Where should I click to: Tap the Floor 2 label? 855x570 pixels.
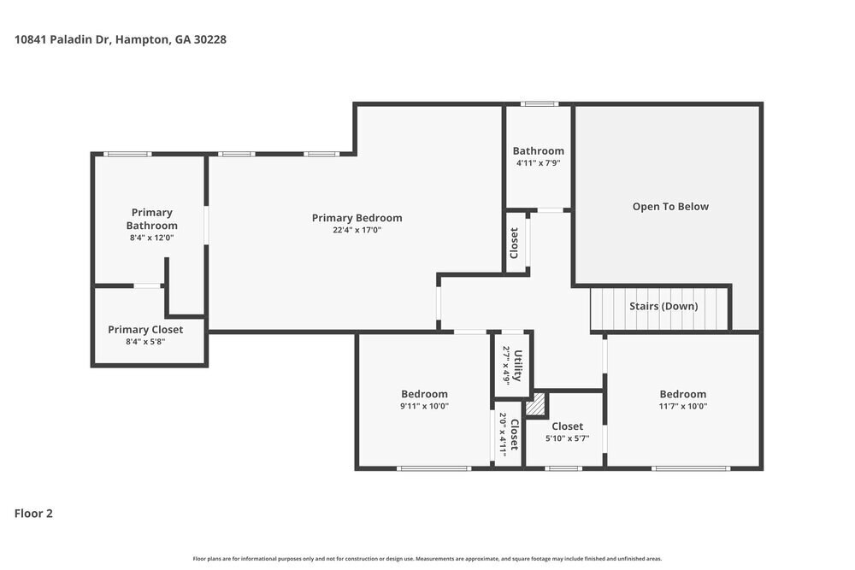(33, 514)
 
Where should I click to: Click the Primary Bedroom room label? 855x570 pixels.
(357, 218)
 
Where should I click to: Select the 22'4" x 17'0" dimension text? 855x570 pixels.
(357, 230)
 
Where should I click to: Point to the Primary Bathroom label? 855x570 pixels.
(151, 219)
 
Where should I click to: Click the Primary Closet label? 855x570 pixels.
(145, 329)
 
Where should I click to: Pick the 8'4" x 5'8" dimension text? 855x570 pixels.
(145, 342)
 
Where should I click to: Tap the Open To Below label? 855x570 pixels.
(670, 206)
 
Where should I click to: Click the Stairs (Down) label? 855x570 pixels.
(663, 306)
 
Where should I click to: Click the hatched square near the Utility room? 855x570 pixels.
(535, 404)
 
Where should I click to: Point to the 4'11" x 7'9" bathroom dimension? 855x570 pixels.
(538, 163)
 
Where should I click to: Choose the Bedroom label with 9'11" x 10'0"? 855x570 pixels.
(424, 394)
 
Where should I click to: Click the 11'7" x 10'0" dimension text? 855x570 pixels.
(682, 407)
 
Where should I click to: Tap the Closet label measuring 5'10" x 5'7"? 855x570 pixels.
(567, 426)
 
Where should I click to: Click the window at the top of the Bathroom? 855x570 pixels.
(540, 104)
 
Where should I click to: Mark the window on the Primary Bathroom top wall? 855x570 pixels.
(127, 154)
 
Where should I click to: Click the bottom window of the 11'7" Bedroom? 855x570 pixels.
(691, 468)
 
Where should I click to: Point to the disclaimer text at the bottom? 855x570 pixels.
(427, 559)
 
